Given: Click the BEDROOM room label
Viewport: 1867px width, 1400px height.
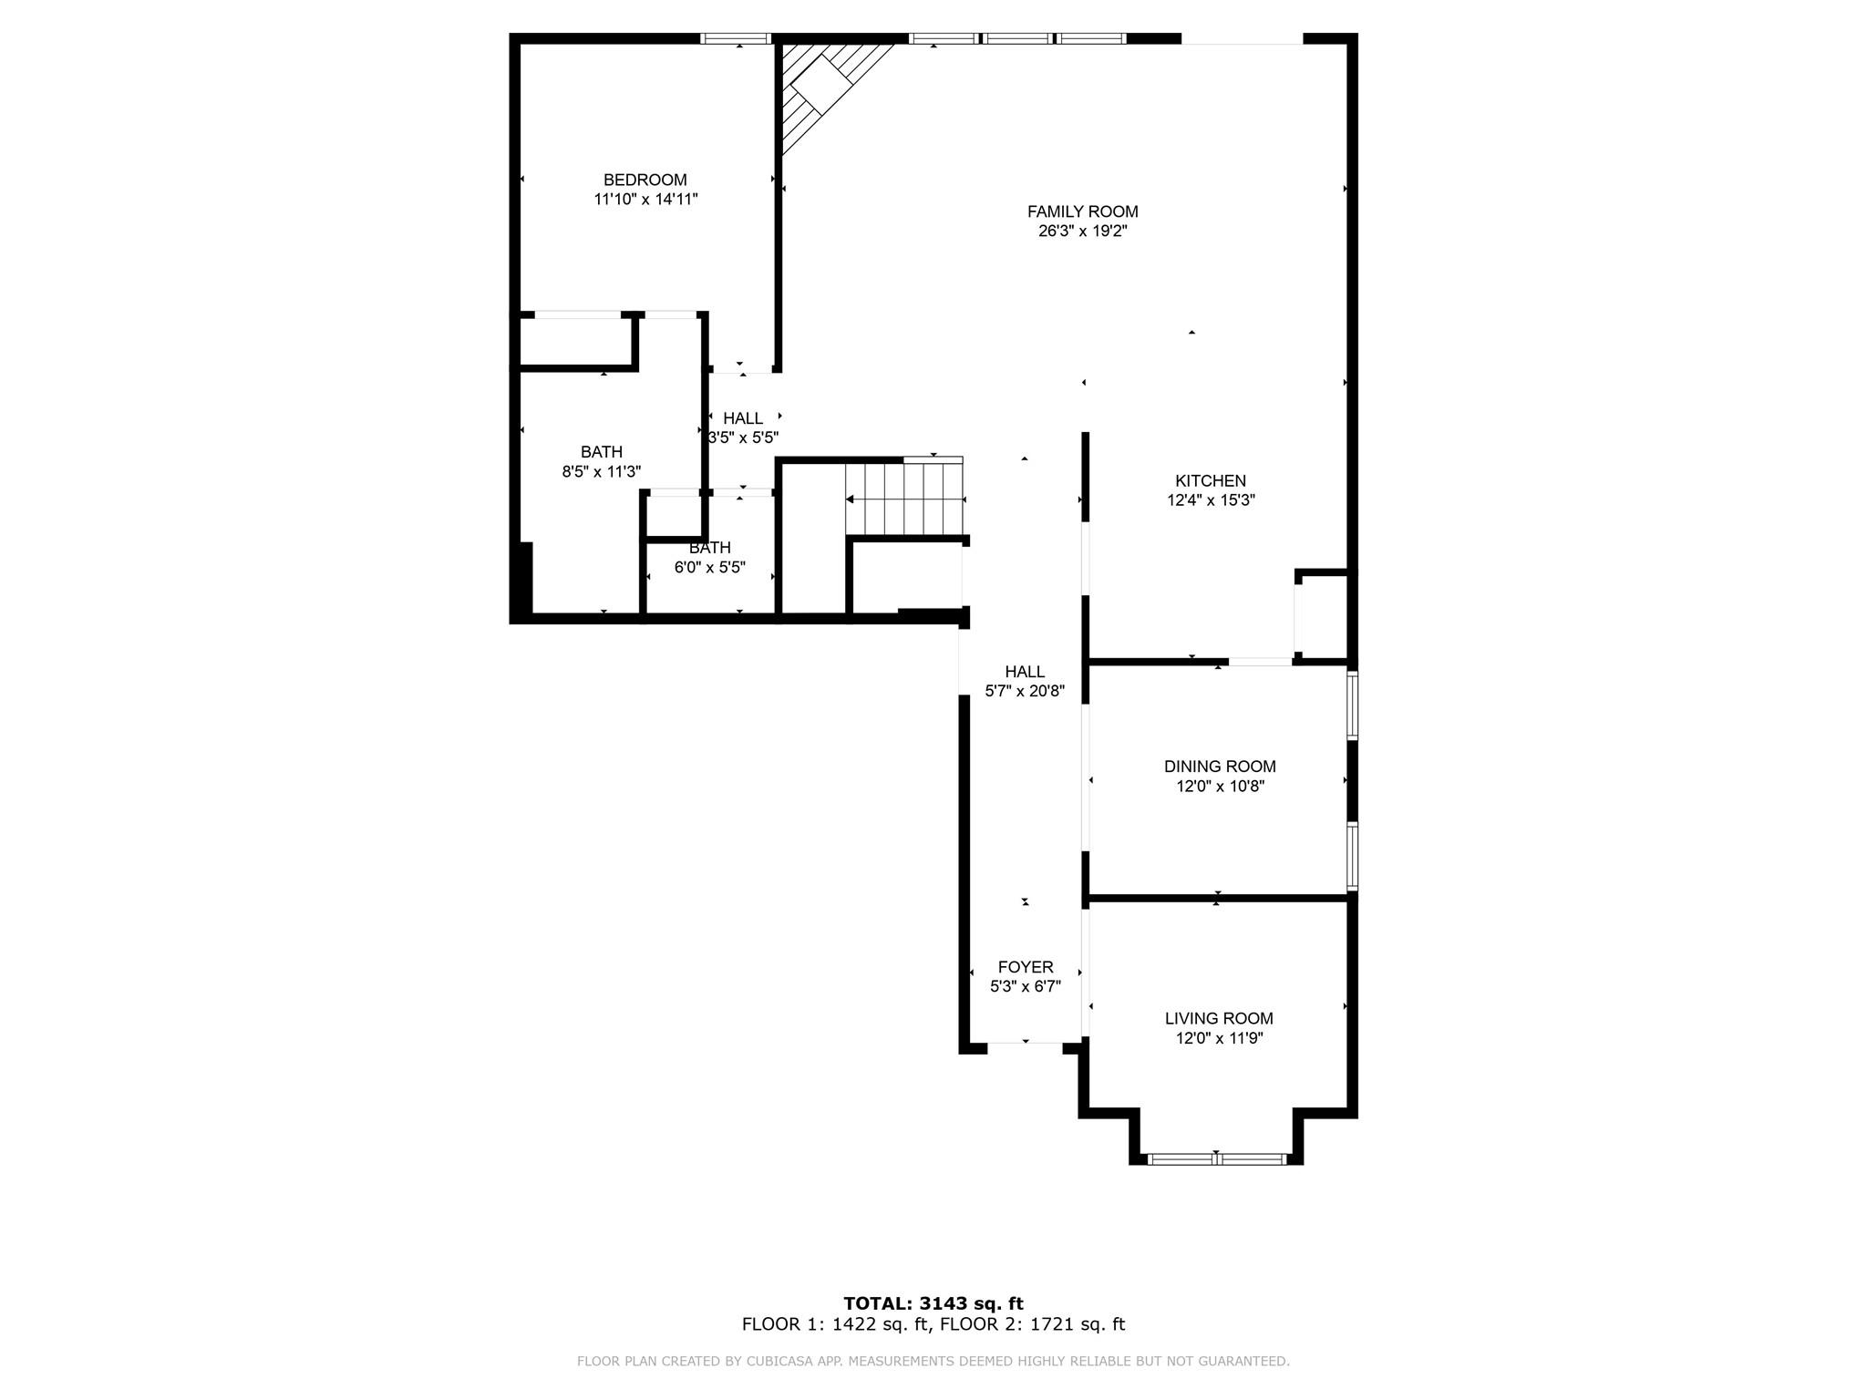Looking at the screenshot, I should tap(645, 180).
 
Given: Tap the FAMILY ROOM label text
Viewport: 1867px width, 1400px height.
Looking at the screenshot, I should tap(1082, 211).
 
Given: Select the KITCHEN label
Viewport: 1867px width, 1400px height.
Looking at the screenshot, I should tap(1210, 480).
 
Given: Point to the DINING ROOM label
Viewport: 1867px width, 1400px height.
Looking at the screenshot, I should tap(1219, 767).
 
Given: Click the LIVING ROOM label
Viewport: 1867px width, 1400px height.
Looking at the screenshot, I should tap(1218, 1018).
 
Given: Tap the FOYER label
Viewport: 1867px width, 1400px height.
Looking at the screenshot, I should tap(1025, 967).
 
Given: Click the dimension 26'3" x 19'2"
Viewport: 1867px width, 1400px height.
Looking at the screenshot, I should tap(1082, 232).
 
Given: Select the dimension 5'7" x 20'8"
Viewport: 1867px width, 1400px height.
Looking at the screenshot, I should tap(1025, 691).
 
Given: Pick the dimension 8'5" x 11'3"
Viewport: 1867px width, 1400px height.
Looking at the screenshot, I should tap(601, 471).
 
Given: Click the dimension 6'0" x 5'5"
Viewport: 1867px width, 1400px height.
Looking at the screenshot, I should tap(709, 567).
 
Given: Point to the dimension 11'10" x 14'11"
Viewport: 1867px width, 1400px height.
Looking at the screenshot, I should tap(645, 199).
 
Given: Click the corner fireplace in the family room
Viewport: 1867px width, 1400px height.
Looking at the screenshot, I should tap(820, 87).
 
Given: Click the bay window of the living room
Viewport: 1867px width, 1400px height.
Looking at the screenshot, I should tap(1216, 1158).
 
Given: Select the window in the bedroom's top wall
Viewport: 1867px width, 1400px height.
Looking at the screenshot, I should tap(736, 38).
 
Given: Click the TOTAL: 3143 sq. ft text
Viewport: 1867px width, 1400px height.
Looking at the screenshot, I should tap(933, 1303).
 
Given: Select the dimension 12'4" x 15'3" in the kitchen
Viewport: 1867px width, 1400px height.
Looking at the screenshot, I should tap(1211, 499).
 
